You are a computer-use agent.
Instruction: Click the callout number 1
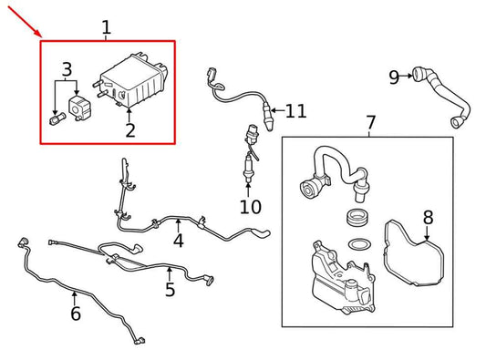[x=106, y=27]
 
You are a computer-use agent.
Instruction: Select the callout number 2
[x=130, y=131]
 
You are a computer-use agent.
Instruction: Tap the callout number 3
[x=67, y=69]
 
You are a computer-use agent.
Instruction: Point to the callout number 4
[x=178, y=241]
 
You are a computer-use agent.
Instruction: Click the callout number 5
[x=170, y=290]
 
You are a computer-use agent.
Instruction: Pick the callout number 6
[x=75, y=314]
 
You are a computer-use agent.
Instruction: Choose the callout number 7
[x=370, y=122]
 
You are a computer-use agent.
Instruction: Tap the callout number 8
[x=428, y=218]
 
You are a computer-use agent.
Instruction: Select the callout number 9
[x=394, y=77]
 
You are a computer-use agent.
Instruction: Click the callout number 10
[x=250, y=207]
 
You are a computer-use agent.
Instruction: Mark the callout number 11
[x=295, y=111]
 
